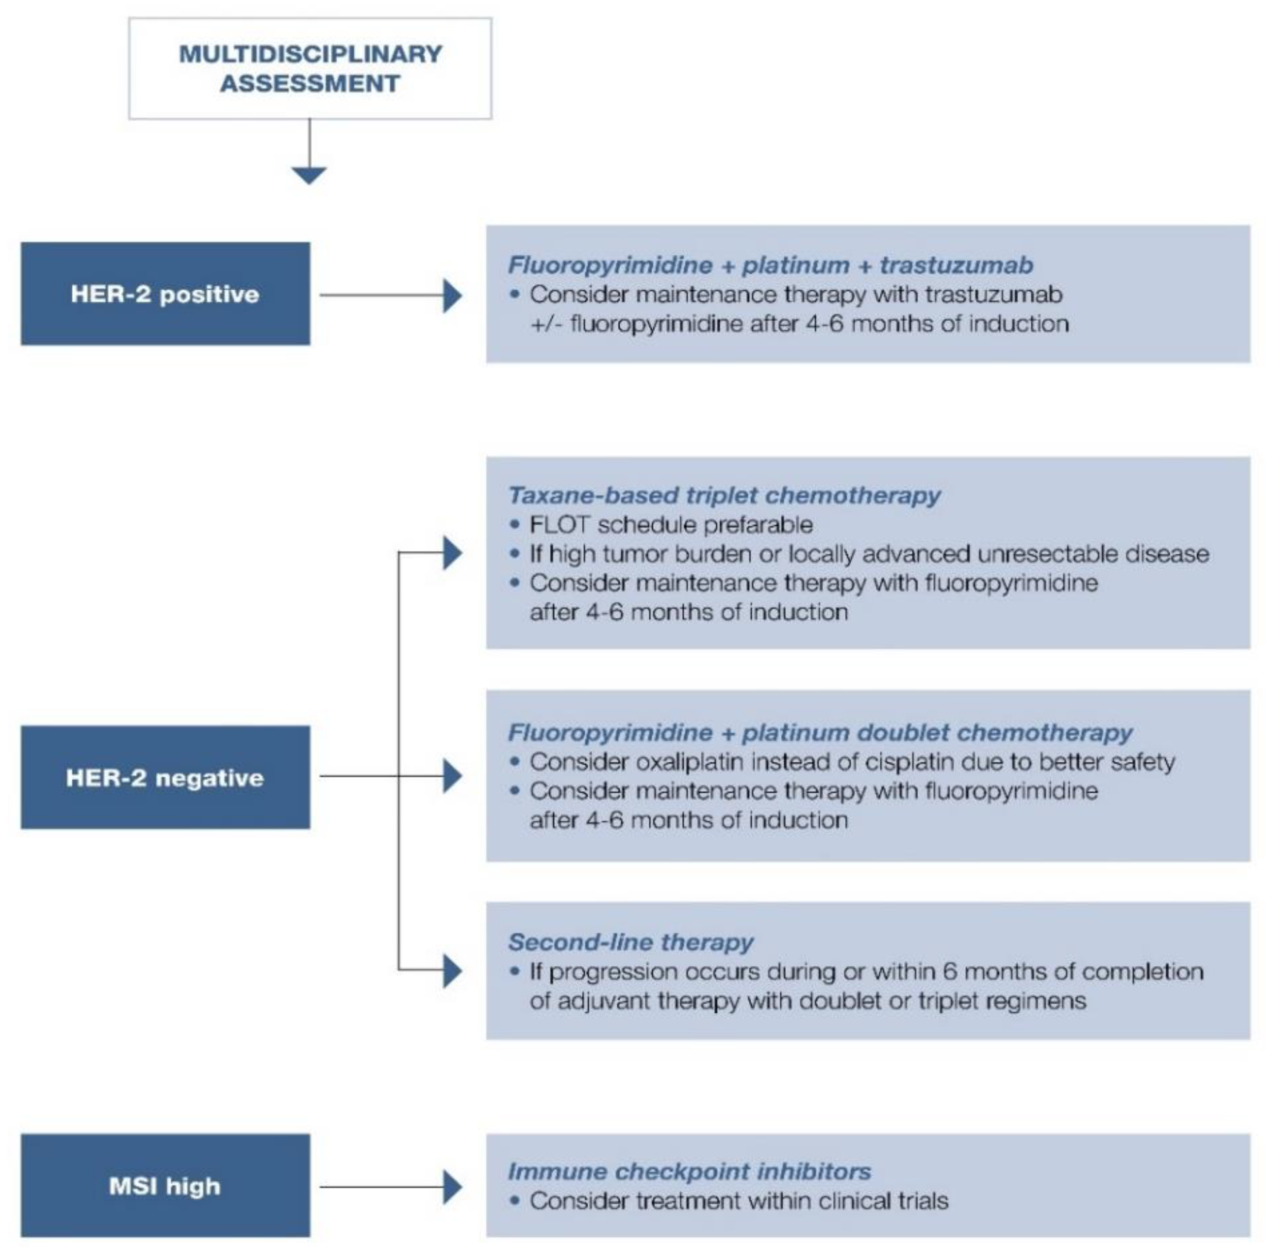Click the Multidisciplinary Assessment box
click(x=310, y=68)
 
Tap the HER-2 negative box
click(x=165, y=777)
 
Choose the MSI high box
click(x=165, y=1186)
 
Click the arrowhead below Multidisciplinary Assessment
click(x=309, y=175)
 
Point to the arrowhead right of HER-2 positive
click(x=452, y=295)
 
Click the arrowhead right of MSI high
click(x=452, y=1187)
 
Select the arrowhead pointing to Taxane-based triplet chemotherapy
click(x=452, y=553)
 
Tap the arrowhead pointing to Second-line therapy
click(x=452, y=970)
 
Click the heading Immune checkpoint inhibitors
click(x=690, y=1171)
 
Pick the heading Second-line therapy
click(x=631, y=942)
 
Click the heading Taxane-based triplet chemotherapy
click(x=724, y=495)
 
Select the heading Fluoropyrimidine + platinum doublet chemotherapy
click(x=820, y=732)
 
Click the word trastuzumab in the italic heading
click(x=956, y=265)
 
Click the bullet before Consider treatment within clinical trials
click(x=515, y=1200)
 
